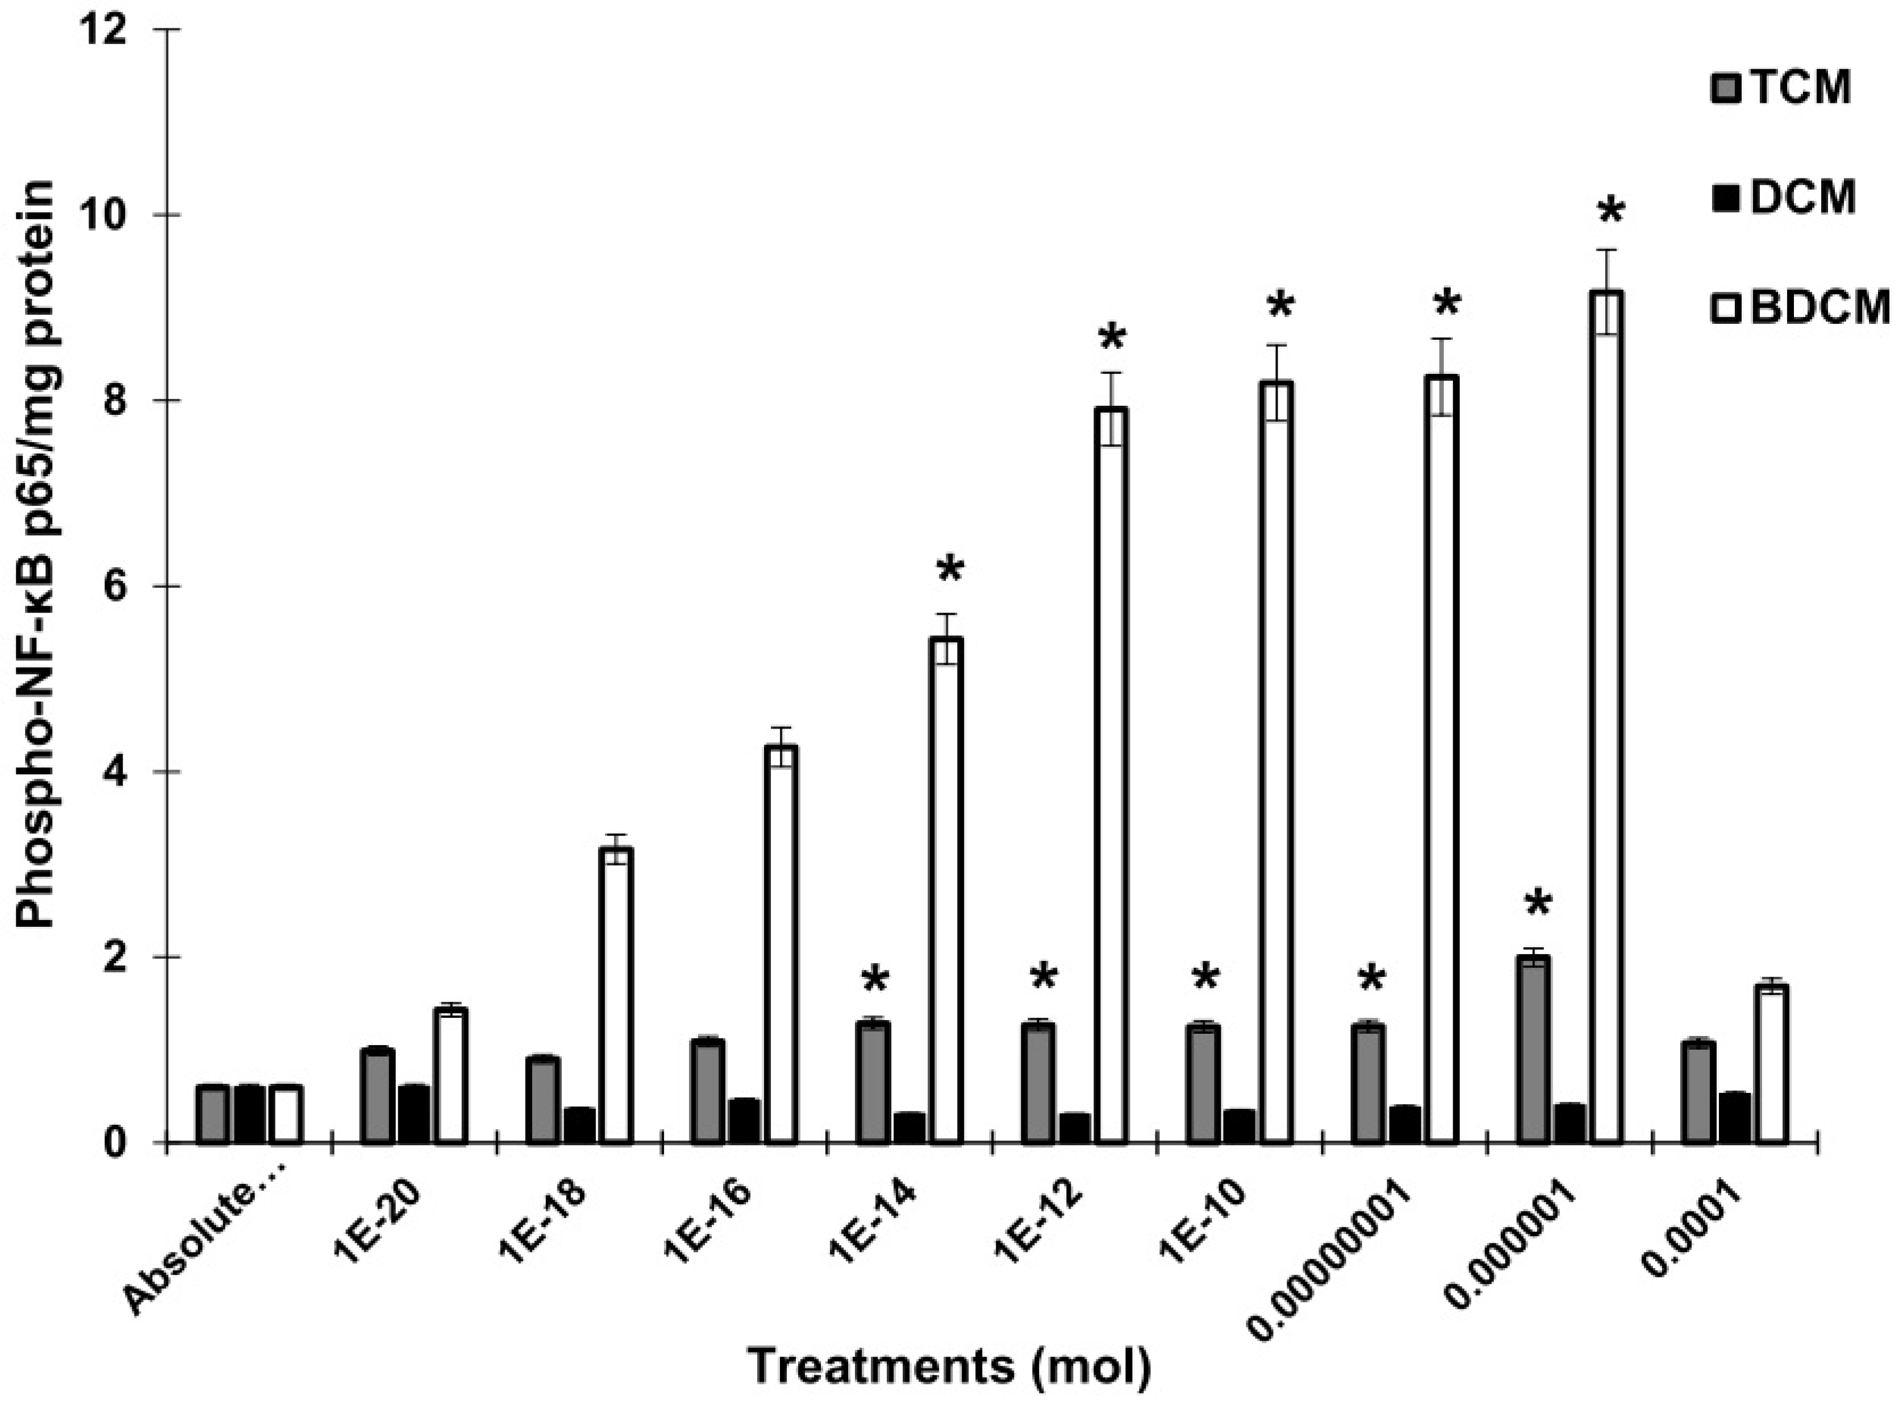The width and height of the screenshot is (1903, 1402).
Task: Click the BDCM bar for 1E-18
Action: click(615, 995)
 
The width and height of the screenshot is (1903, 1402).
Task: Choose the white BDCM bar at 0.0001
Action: click(1772, 1064)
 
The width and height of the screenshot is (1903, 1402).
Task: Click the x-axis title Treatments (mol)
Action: click(950, 1366)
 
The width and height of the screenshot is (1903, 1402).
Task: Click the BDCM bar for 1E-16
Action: click(781, 944)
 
